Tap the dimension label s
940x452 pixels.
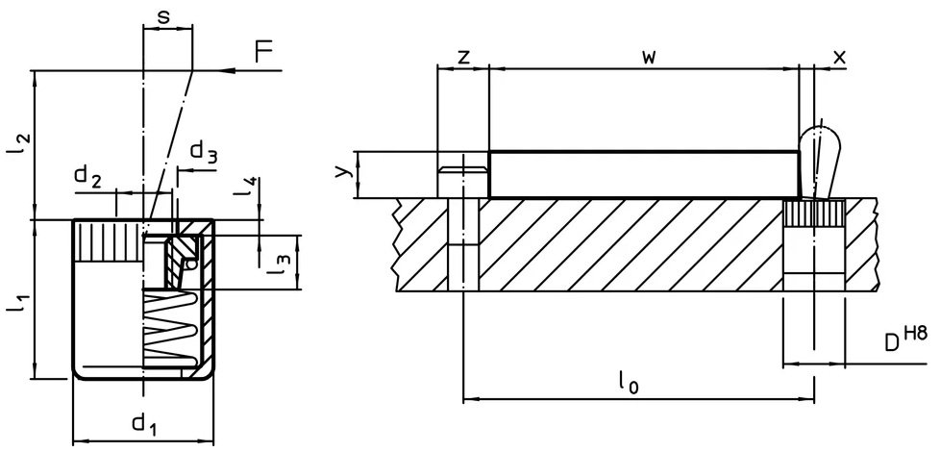163,16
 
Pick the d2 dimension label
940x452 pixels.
88,177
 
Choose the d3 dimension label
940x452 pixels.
204,152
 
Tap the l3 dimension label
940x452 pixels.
278,264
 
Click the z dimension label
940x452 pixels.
463,57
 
